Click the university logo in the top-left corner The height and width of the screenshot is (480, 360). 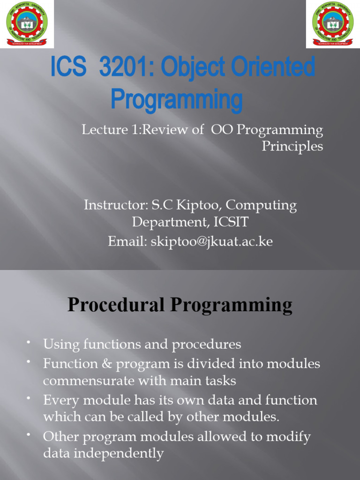[27, 24]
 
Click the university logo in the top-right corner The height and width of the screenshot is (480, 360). [333, 24]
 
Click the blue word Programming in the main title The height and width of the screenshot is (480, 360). [177, 100]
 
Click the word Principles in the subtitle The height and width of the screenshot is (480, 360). [292, 146]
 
